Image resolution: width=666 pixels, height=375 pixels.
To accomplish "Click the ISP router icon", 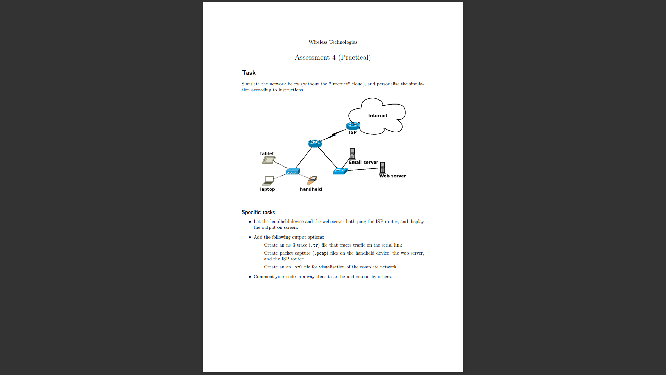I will [352, 126].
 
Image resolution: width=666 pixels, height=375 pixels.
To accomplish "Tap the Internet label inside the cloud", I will [378, 116].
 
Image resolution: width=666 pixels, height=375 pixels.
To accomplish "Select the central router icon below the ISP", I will [315, 143].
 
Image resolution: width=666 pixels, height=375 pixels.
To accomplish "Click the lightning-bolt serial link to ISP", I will [334, 135].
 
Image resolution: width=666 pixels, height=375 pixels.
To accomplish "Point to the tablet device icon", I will [268, 160].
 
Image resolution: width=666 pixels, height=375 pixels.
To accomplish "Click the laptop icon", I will [268, 181].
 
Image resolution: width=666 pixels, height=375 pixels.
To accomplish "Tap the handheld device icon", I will [312, 180].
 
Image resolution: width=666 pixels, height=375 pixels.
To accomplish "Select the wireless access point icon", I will [292, 172].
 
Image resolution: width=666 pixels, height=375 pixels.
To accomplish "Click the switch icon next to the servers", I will [340, 171].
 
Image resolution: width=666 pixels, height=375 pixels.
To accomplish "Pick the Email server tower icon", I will [352, 153].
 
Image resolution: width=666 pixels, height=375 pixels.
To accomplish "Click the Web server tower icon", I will [382, 167].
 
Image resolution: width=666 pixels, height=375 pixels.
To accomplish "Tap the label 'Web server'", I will [392, 176].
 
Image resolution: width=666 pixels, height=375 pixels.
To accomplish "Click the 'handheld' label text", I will [311, 189].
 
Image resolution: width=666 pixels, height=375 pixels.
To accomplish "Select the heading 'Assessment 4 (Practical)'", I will [333, 57].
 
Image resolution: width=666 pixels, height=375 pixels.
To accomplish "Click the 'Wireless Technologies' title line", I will [333, 42].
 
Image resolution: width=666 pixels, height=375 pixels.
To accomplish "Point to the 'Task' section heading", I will [249, 73].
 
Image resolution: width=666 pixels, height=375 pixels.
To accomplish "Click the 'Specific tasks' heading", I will [258, 212].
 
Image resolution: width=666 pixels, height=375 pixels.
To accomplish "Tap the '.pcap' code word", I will [321, 253].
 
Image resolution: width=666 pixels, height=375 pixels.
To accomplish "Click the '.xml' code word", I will [298, 267].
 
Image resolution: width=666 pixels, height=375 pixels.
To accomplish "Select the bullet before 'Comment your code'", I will [250, 277].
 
